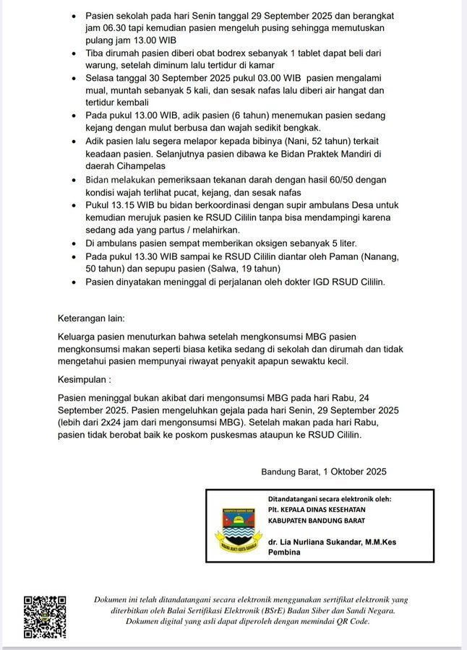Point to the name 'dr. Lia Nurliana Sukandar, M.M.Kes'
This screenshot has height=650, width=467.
332,542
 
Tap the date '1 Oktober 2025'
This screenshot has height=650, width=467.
353,472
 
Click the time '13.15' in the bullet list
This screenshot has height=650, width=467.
127,205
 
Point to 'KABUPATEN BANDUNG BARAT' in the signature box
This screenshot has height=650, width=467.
317,520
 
